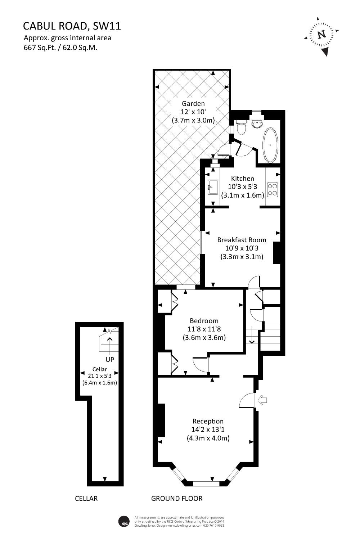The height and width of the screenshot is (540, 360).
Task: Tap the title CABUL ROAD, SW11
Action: coord(72,26)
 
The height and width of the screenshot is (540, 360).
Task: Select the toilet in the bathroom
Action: coord(241,127)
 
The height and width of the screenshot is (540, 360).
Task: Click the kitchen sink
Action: coord(213,187)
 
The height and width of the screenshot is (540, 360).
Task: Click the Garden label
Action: coord(193,104)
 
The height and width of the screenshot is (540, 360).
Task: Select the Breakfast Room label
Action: coord(242,240)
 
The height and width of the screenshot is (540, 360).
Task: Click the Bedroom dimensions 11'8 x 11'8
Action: coord(204,329)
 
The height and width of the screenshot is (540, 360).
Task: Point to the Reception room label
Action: coord(208,421)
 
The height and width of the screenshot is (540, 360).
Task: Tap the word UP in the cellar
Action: coord(110,359)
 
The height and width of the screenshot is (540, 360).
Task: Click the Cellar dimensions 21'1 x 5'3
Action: coord(99,376)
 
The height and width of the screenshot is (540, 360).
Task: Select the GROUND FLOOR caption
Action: coord(176,498)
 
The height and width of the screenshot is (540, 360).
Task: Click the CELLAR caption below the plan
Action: coord(86,498)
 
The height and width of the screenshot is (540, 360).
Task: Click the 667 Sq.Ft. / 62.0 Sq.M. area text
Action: coord(60,48)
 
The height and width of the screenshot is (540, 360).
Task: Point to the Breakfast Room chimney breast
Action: coord(276,253)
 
